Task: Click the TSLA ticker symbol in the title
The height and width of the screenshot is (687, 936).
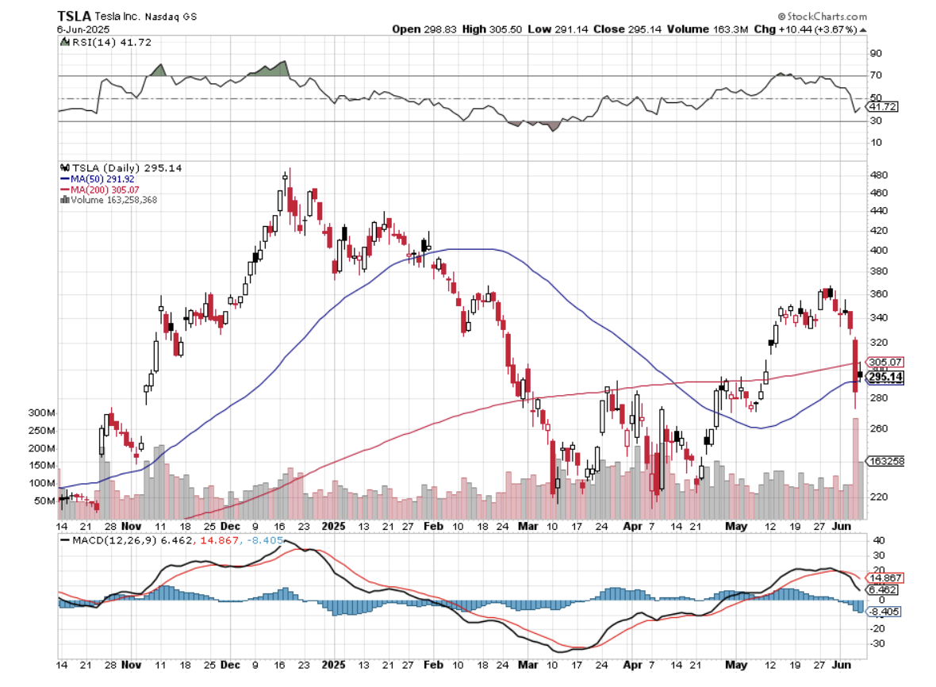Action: tap(72, 16)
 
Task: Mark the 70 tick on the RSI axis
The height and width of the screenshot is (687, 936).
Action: tap(876, 75)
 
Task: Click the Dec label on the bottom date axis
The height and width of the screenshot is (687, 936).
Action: tap(231, 525)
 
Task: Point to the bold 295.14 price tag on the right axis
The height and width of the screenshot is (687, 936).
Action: tap(885, 377)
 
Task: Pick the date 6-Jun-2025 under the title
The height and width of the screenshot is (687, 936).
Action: tap(83, 29)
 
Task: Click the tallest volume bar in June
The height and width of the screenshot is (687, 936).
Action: tap(855, 468)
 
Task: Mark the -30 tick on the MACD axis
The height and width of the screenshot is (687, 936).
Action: tap(877, 643)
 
